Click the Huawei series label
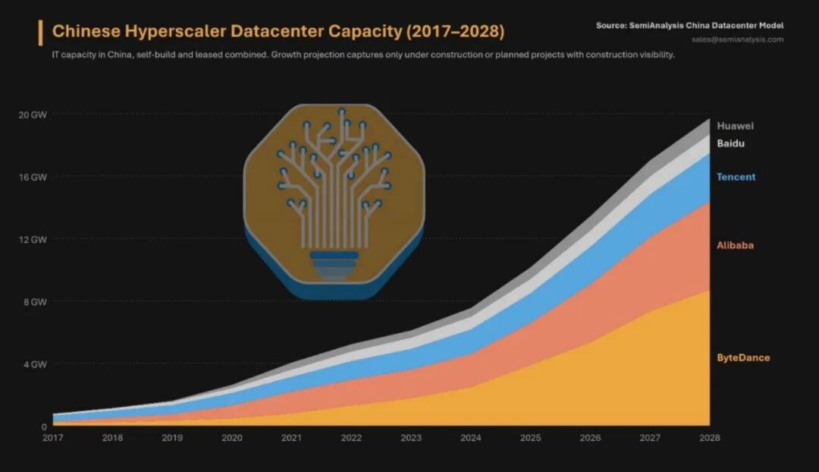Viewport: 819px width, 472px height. tap(735, 126)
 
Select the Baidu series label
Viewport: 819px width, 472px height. tap(731, 143)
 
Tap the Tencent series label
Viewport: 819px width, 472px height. tap(736, 177)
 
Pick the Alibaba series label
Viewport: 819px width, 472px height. tap(735, 245)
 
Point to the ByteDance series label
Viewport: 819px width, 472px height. tap(743, 357)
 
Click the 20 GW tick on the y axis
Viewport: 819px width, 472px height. tap(33, 115)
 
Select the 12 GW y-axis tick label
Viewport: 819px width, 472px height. tap(33, 239)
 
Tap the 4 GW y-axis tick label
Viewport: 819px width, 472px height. tap(35, 364)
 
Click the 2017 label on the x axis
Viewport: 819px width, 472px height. tap(53, 438)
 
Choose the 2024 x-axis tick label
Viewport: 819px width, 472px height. tap(471, 438)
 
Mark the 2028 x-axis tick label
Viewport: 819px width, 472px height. tap(709, 438)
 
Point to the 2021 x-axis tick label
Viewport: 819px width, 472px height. tap(291, 438)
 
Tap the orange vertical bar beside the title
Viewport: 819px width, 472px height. tap(40, 33)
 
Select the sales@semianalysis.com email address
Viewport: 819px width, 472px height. tap(738, 39)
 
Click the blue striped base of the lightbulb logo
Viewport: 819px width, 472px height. tap(334, 265)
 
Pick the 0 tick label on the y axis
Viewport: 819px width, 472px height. tap(44, 427)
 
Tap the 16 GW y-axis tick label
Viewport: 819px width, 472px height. tap(33, 178)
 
